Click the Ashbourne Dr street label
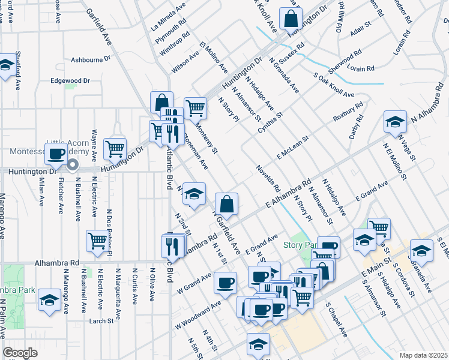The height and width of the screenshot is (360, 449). click(x=91, y=59)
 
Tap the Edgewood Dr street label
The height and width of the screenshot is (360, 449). click(x=70, y=80)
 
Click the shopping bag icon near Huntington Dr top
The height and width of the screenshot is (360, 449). click(x=291, y=19)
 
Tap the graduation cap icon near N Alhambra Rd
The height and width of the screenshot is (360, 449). click(x=395, y=122)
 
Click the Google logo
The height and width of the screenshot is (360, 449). click(x=20, y=353)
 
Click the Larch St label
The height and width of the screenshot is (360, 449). click(x=101, y=321)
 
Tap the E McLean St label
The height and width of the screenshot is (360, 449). click(x=292, y=147)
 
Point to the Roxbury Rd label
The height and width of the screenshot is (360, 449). click(x=349, y=113)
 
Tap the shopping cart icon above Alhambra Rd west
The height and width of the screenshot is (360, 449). click(x=97, y=241)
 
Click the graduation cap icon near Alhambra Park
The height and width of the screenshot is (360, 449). click(x=49, y=301)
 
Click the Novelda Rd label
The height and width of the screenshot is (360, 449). click(x=268, y=175)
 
